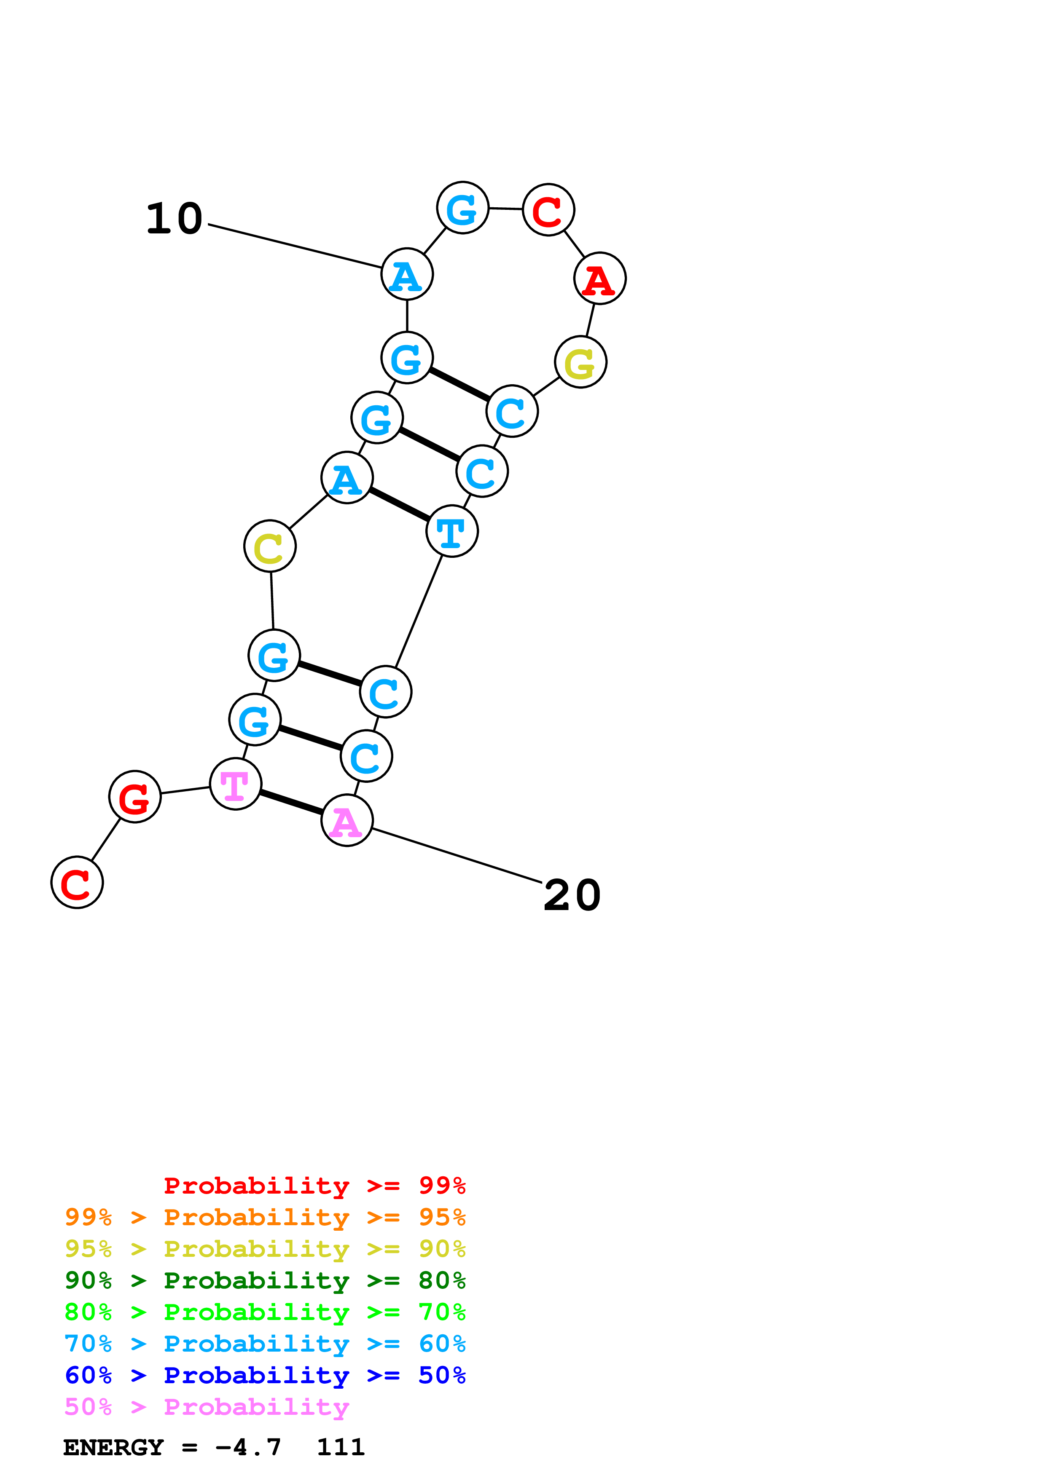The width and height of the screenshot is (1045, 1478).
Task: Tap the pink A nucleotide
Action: coord(347,820)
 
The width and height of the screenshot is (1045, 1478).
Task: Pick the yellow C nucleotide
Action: coord(270,546)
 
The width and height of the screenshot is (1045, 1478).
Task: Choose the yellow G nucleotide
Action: coord(581,362)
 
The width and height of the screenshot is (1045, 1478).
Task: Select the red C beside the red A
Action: coord(548,210)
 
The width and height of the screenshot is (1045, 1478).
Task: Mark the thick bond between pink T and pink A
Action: coord(291,802)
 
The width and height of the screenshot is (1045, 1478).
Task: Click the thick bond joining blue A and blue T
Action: coord(399,504)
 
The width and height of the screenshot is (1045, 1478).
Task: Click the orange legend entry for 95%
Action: coord(265,1217)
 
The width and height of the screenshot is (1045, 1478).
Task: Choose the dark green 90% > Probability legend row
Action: coord(265,1280)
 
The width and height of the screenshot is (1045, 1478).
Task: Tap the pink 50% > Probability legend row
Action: coord(207,1406)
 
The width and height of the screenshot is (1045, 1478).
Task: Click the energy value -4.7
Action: coord(248,1448)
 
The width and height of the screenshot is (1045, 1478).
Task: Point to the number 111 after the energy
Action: coord(341,1448)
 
